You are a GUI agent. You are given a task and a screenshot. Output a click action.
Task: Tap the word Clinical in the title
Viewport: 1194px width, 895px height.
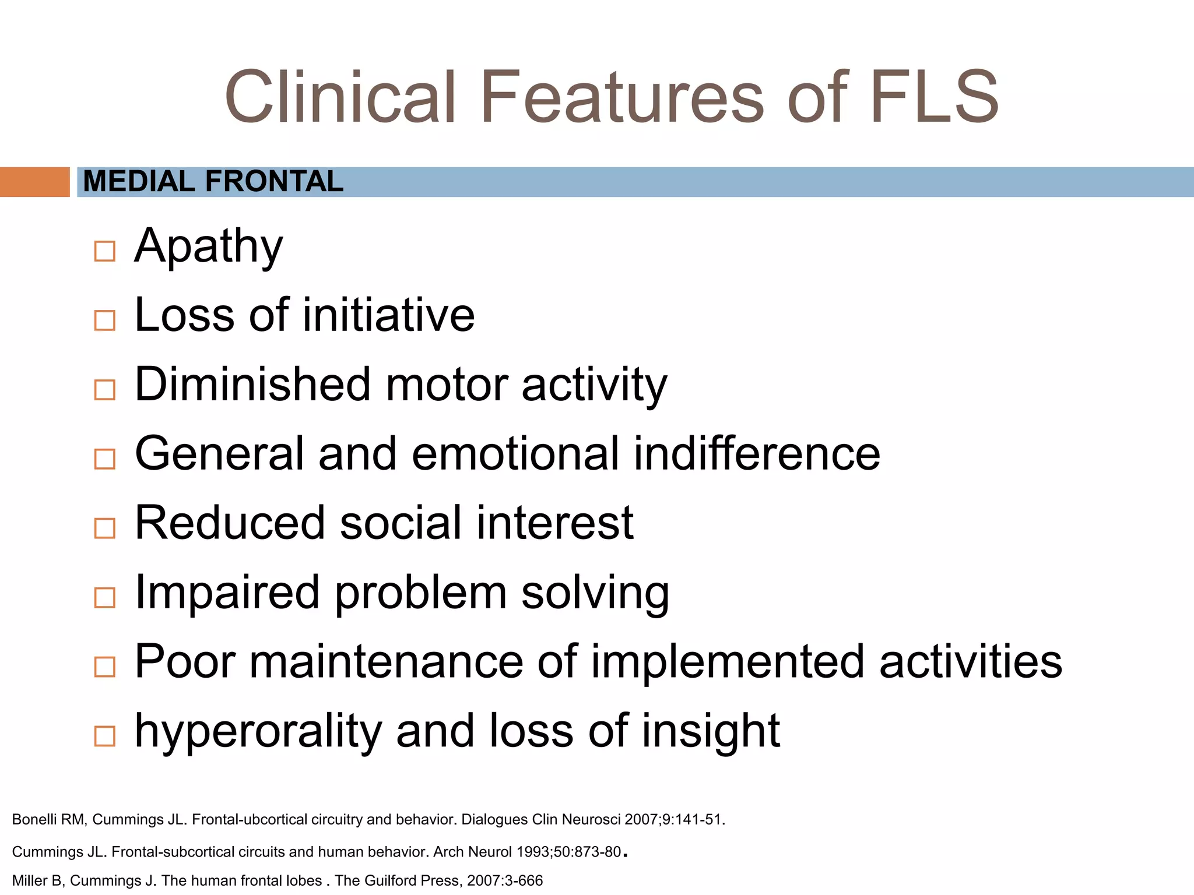tap(340, 97)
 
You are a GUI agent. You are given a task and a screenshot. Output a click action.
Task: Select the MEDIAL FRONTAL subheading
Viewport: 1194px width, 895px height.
tap(213, 181)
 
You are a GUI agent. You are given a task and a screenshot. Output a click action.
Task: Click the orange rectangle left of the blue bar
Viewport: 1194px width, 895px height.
tap(34, 182)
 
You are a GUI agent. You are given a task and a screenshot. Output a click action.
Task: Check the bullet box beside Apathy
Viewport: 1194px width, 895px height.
tap(105, 251)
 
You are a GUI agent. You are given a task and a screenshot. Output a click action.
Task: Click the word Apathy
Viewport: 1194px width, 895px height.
tap(209, 247)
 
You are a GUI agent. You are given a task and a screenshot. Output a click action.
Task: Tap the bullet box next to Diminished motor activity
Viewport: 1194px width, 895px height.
tap(105, 390)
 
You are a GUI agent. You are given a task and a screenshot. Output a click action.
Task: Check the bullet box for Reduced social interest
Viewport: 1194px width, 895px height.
tap(105, 528)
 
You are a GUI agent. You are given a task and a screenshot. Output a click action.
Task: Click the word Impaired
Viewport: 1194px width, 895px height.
tap(227, 593)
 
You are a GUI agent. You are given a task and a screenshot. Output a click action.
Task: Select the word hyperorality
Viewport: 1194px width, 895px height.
tap(258, 732)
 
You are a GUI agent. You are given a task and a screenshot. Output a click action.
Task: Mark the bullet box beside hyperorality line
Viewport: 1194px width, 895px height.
tap(105, 736)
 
